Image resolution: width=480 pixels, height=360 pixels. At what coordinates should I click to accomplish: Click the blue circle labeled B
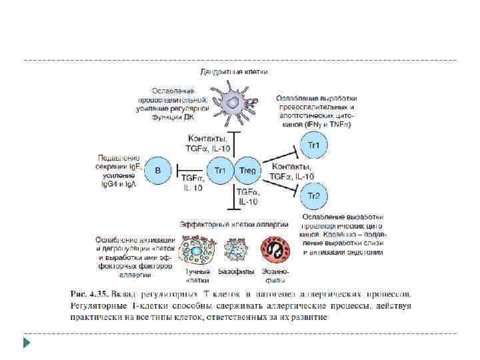[x=158, y=171]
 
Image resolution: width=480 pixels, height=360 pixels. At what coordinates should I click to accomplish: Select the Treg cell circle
[x=247, y=171]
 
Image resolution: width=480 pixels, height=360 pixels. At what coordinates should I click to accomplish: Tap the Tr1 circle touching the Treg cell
[x=219, y=171]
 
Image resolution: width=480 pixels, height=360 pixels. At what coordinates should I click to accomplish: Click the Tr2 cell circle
[x=313, y=195]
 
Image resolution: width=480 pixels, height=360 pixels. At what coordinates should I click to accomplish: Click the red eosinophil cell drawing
[x=275, y=251]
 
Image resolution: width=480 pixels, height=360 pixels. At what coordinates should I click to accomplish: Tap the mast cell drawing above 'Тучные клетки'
[x=197, y=251]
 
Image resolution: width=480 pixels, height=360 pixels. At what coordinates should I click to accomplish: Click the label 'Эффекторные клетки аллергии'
[x=234, y=225]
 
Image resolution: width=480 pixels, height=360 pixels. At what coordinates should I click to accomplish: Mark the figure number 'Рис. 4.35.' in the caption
[x=89, y=293]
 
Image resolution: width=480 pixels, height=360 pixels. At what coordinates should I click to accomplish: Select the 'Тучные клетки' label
[x=197, y=276]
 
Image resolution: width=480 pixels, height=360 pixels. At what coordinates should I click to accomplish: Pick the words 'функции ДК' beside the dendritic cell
[x=172, y=117]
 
